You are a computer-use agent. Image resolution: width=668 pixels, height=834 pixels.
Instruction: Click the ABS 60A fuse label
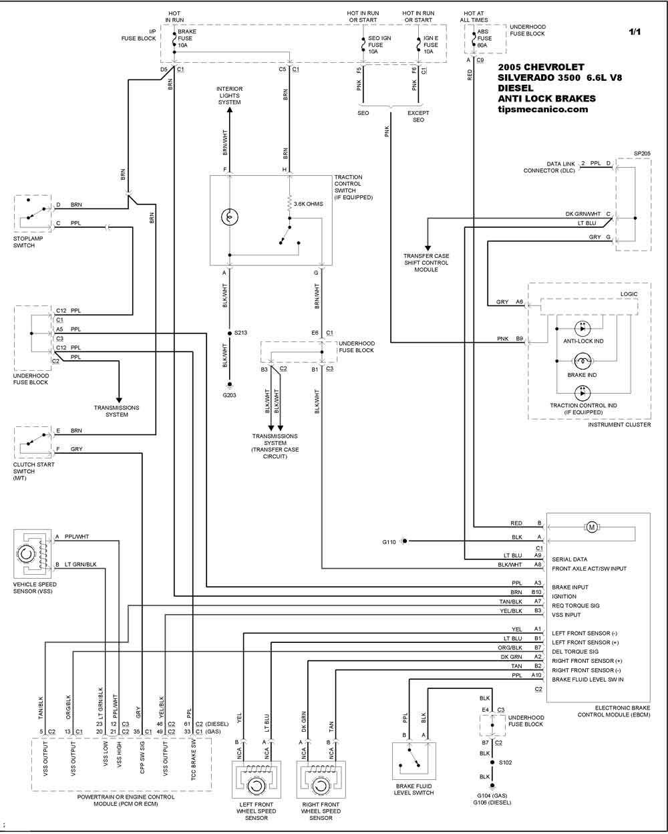click(x=484, y=38)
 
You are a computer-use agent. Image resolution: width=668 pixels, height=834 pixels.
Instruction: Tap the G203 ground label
click(x=229, y=396)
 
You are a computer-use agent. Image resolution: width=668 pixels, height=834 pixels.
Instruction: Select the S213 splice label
click(x=240, y=333)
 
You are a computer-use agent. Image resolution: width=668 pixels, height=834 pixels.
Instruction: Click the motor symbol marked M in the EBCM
click(x=591, y=527)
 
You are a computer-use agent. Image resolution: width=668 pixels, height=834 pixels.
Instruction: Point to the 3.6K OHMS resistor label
click(x=308, y=204)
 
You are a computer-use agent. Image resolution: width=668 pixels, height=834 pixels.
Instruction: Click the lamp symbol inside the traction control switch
click(x=229, y=217)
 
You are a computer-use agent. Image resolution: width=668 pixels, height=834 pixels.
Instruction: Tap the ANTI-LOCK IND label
click(x=583, y=341)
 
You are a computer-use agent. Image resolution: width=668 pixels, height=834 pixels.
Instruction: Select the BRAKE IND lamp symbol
click(x=582, y=361)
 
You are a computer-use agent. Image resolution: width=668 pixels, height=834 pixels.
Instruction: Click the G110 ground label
click(x=389, y=542)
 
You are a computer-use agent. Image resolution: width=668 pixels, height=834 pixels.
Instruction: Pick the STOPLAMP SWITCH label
click(x=28, y=242)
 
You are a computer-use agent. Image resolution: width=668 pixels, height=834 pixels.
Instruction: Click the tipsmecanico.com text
click(x=543, y=110)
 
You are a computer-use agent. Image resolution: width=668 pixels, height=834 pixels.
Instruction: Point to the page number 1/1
click(x=635, y=32)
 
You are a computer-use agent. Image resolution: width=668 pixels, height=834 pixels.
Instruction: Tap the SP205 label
click(x=642, y=154)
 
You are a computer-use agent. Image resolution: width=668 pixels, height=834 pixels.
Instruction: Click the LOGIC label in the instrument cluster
click(x=629, y=294)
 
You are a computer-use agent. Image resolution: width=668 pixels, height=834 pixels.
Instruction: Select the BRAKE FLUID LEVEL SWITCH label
click(x=413, y=789)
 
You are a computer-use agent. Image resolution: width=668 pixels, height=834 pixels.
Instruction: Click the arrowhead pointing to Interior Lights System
click(x=229, y=110)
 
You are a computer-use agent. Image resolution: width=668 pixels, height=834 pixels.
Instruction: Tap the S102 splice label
click(x=505, y=762)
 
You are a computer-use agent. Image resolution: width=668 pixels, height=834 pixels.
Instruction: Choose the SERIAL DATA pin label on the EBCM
click(x=570, y=559)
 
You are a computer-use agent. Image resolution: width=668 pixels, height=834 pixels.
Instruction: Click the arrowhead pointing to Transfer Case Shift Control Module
click(x=428, y=248)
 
